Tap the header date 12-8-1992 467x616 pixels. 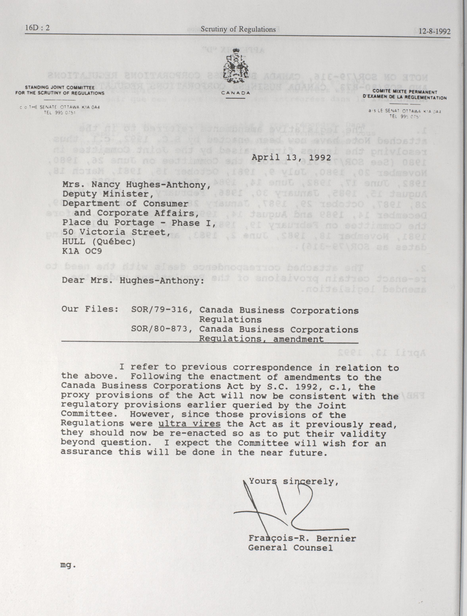click(x=434, y=31)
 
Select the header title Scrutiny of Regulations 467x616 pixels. click(x=238, y=29)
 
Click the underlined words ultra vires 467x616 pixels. click(x=189, y=424)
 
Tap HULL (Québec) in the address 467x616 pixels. click(x=99, y=242)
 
